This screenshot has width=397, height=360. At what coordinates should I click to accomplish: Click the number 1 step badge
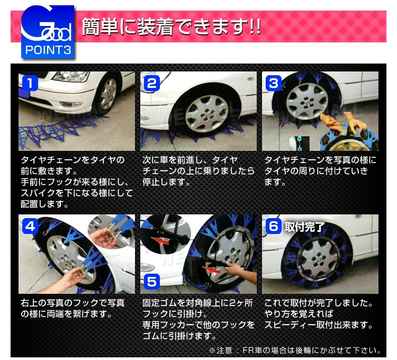pos(30,83)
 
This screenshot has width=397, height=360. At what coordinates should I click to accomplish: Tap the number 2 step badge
pos(152,83)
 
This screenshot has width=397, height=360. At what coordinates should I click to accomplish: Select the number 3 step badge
pos(274,83)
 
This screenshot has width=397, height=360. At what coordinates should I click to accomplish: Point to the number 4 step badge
pos(30,226)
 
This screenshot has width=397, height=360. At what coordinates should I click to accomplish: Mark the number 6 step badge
pos(274,226)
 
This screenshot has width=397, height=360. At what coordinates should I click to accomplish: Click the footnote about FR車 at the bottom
pos(295,350)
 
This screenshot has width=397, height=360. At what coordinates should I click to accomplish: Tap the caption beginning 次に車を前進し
pos(198,170)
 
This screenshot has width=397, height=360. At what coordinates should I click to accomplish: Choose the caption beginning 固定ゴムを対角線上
pos(198,320)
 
